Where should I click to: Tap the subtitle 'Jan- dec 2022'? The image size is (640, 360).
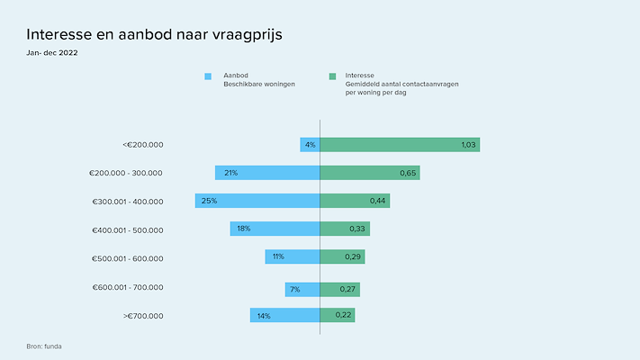pos(52,53)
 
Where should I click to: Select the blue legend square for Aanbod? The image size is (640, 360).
pos(208,76)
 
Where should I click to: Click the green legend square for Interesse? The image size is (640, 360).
pos(332,76)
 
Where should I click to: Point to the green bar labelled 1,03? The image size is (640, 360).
pos(400,144)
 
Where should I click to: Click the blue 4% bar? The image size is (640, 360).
pos(310,144)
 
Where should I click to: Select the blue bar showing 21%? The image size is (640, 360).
pos(267,173)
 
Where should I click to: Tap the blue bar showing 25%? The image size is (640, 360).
pos(257,201)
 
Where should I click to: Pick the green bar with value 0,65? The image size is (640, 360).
pos(370,173)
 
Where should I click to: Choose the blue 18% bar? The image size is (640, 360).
pos(275,229)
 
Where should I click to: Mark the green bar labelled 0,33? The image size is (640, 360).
pos(345,229)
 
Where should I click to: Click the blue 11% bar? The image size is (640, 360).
pos(293,257)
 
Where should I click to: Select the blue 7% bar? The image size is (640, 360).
pos(302,289)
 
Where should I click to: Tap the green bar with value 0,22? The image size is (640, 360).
pos(338,316)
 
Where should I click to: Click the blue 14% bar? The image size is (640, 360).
pos(284,316)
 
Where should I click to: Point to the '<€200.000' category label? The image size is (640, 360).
pos(142,144)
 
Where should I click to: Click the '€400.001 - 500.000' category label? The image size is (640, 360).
pos(128,230)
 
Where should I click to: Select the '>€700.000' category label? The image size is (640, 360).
pos(142,316)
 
